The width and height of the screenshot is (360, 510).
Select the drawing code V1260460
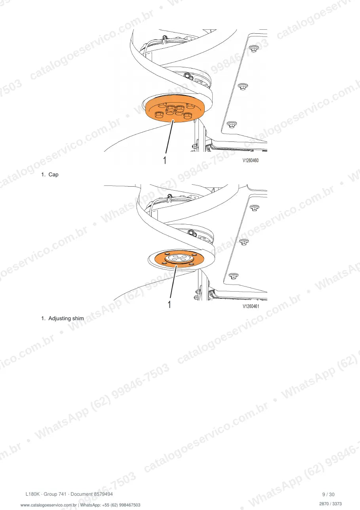coord(250,160)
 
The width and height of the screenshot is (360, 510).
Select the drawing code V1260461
coord(251,306)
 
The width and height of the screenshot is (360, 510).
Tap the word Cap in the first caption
coord(53,175)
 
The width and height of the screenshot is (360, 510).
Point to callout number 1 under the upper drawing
coord(165,160)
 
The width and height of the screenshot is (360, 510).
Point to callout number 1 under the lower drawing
coord(169,304)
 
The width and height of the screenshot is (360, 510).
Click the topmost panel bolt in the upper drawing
coord(253,49)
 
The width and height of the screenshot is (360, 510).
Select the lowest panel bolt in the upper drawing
coord(232,125)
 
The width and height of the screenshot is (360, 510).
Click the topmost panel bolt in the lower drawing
coord(254,208)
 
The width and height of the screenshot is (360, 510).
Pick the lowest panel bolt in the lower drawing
coord(233,276)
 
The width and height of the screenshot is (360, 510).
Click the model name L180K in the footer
coord(32,494)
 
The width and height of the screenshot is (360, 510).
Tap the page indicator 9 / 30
coord(328,494)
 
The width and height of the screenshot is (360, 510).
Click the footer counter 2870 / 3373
coord(330,504)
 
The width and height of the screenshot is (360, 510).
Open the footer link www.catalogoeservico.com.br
coord(48,505)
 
